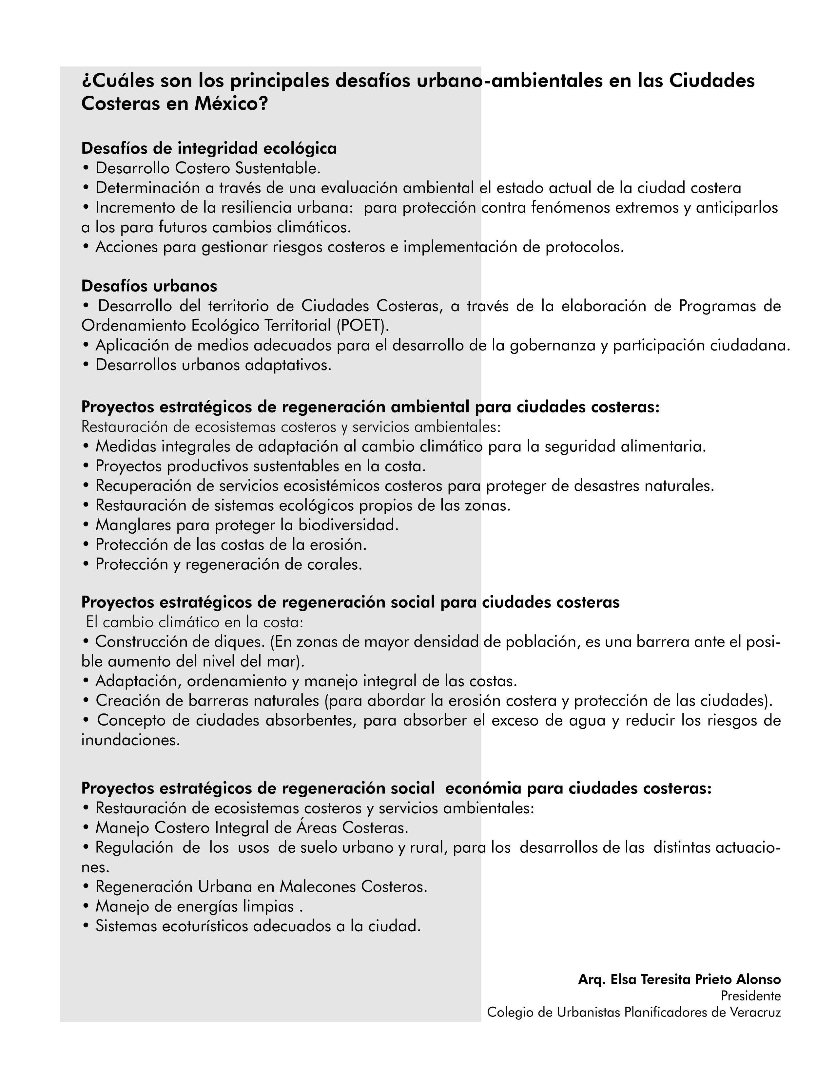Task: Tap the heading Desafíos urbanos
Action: pyautogui.click(x=149, y=286)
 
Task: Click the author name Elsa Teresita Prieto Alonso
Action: pyautogui.click(x=695, y=979)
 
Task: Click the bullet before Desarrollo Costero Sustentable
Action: pyautogui.click(x=86, y=169)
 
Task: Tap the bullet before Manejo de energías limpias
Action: pyautogui.click(x=86, y=907)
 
